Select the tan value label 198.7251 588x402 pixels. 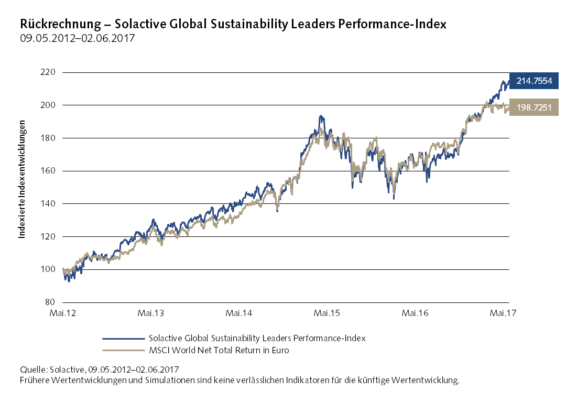pyautogui.click(x=533, y=107)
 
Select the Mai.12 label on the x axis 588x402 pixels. pyautogui.click(x=62, y=313)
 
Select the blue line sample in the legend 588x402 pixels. pyautogui.click(x=124, y=339)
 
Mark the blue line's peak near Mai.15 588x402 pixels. pyautogui.click(x=320, y=116)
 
